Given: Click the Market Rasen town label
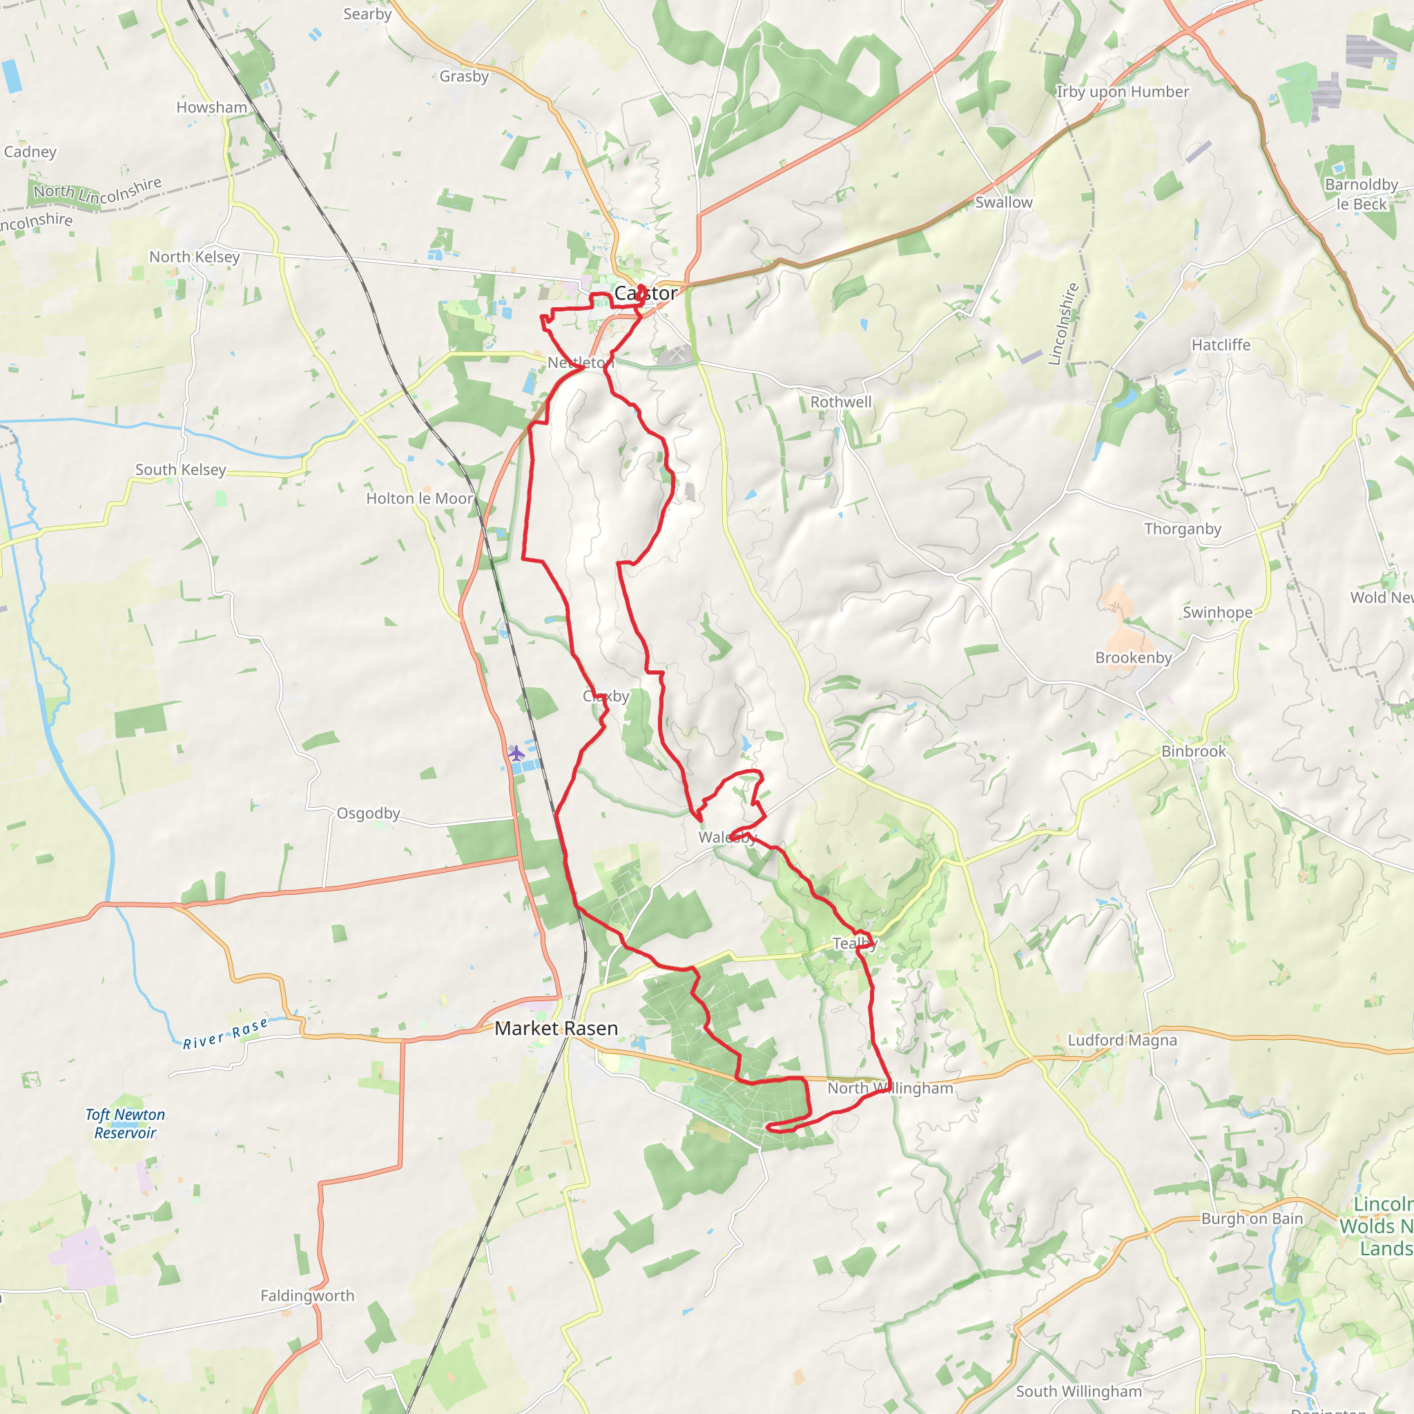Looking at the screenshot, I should (x=556, y=1028).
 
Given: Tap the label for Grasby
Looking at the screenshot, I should (x=464, y=76).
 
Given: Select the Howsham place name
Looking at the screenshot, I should (x=211, y=108).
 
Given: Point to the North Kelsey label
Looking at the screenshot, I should (x=195, y=257).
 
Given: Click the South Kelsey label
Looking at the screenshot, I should (x=181, y=470).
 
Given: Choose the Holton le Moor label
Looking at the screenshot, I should (x=419, y=498).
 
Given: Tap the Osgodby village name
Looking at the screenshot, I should (x=368, y=813).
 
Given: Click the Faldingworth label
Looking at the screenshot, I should (x=307, y=1295).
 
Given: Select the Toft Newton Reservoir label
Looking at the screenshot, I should (x=125, y=1123).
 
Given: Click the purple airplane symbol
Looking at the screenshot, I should (x=516, y=753).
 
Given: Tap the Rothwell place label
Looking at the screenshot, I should (x=841, y=402).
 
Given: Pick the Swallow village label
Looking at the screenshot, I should (x=1003, y=203).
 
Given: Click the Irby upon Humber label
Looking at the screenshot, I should (x=1122, y=92).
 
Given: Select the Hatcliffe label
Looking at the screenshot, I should (x=1221, y=345).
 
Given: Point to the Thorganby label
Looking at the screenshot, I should (x=1183, y=528).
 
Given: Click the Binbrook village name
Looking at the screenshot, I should (x=1194, y=751).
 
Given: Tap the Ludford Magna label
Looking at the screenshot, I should (x=1122, y=1040).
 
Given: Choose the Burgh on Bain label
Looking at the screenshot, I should (x=1252, y=1219).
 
